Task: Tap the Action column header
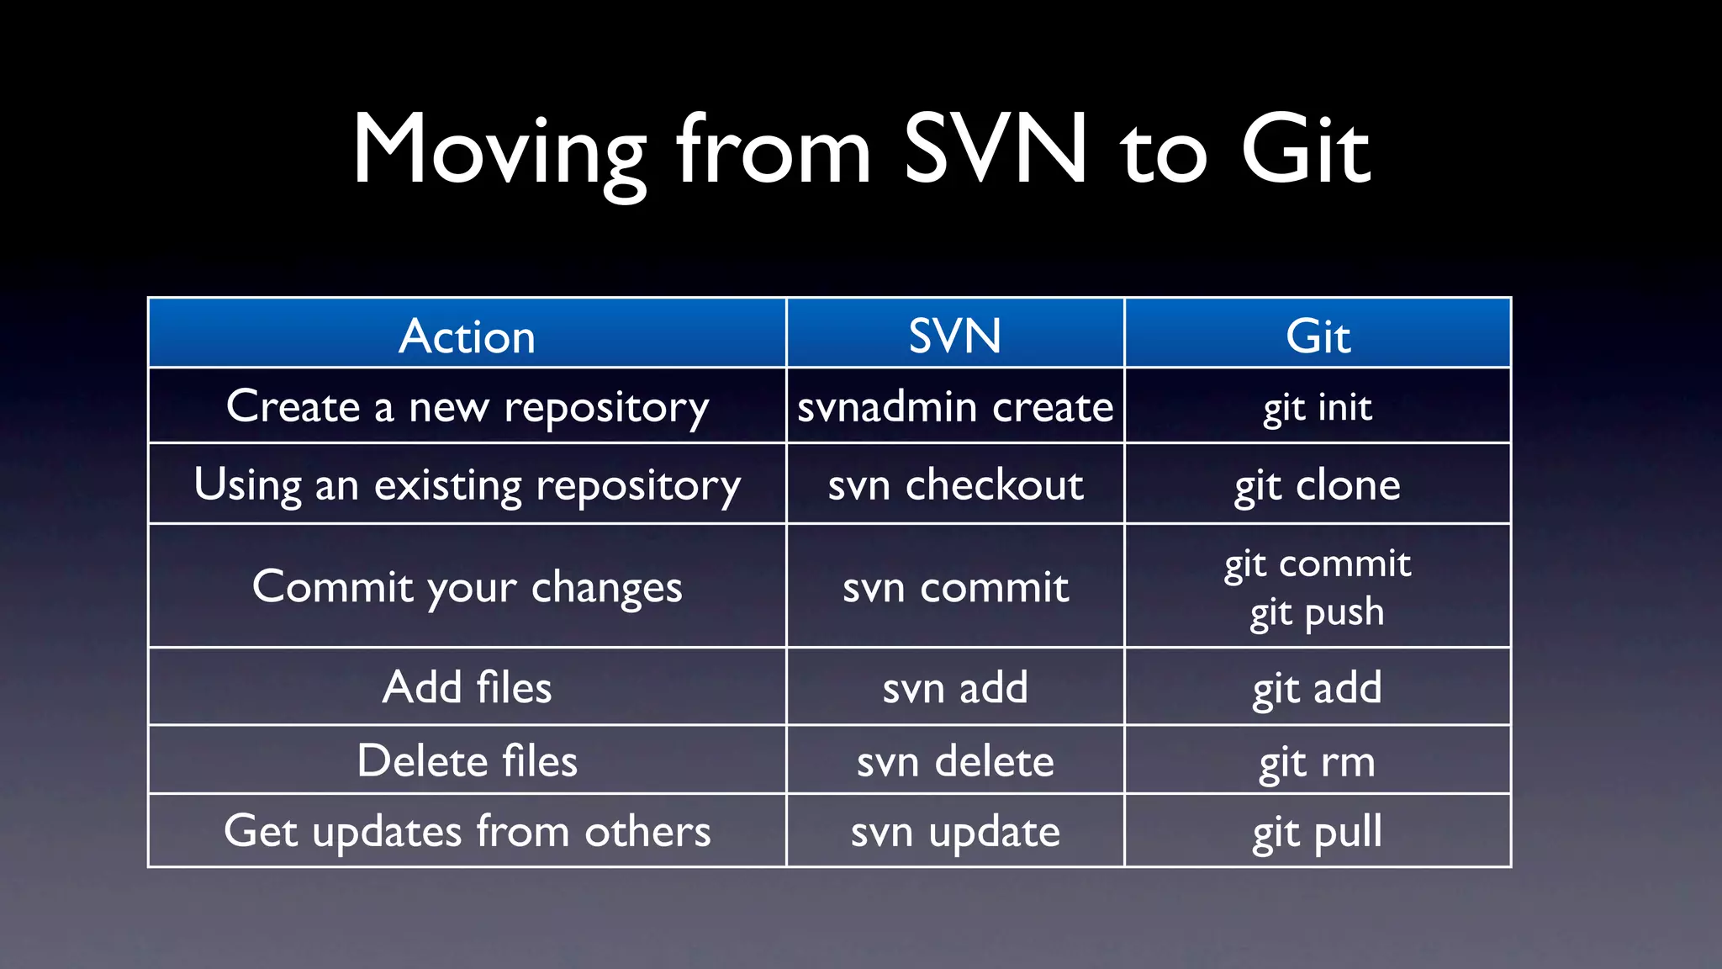(x=467, y=336)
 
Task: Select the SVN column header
(x=955, y=336)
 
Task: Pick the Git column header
(x=1318, y=336)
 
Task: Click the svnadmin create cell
(x=955, y=407)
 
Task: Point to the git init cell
(x=1318, y=407)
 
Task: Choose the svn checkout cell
(x=955, y=485)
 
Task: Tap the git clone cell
(x=1318, y=485)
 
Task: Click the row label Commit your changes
(x=467, y=586)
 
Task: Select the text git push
(x=1318, y=612)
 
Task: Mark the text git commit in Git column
(x=1318, y=564)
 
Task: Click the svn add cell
(x=955, y=688)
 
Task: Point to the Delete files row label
(x=467, y=761)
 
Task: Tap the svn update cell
(x=955, y=832)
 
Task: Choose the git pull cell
(x=1318, y=832)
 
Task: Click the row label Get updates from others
(x=467, y=832)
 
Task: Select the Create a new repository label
(x=467, y=407)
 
